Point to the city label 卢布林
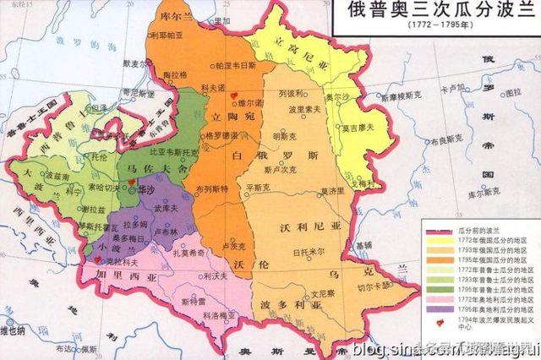(x=169, y=231)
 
